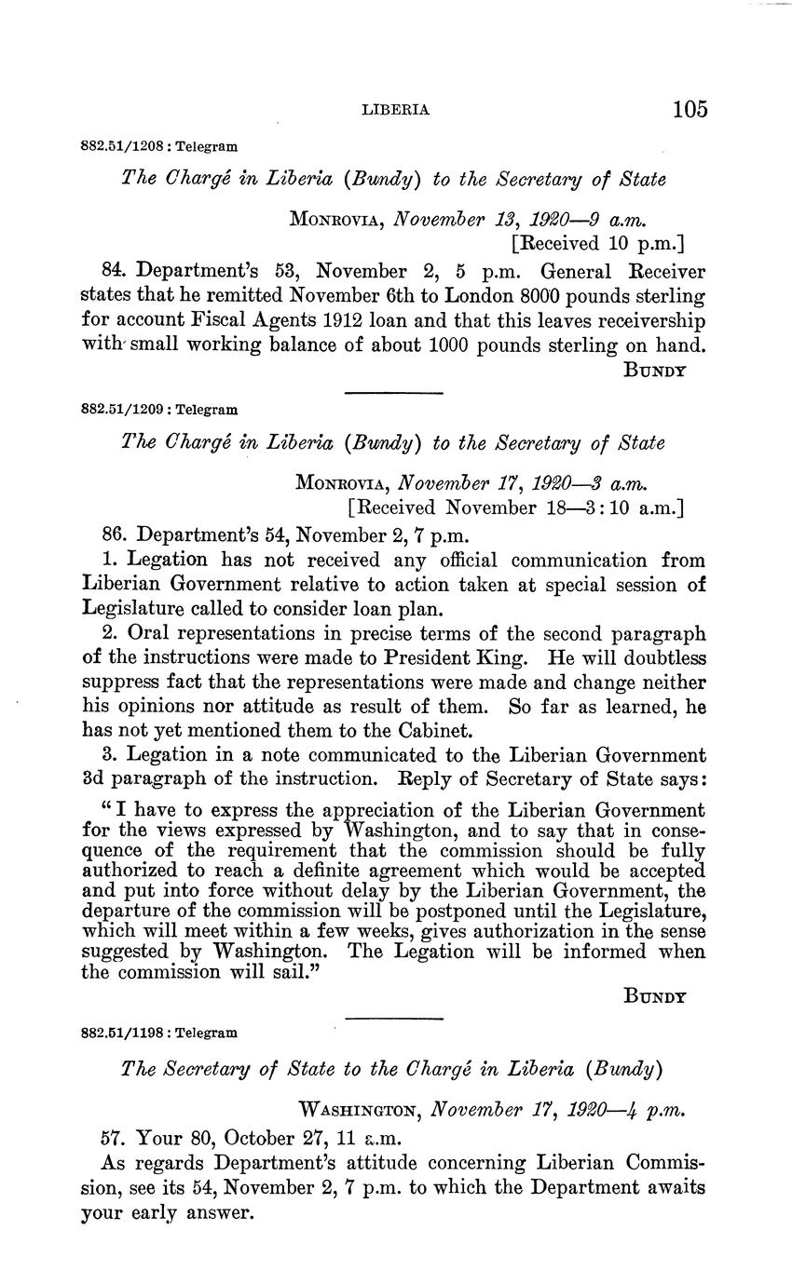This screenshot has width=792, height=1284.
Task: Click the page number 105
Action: click(x=690, y=109)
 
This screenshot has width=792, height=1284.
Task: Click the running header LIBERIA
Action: click(x=395, y=110)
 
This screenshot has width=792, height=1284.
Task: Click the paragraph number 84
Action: click(x=115, y=271)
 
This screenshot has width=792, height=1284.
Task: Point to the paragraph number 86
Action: click(x=115, y=535)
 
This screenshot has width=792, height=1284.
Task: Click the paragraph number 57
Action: click(x=114, y=1137)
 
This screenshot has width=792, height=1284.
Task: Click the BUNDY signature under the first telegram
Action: click(x=655, y=370)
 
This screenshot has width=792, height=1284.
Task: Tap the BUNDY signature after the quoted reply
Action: click(x=655, y=995)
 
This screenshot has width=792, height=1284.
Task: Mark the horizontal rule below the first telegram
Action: click(x=393, y=393)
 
